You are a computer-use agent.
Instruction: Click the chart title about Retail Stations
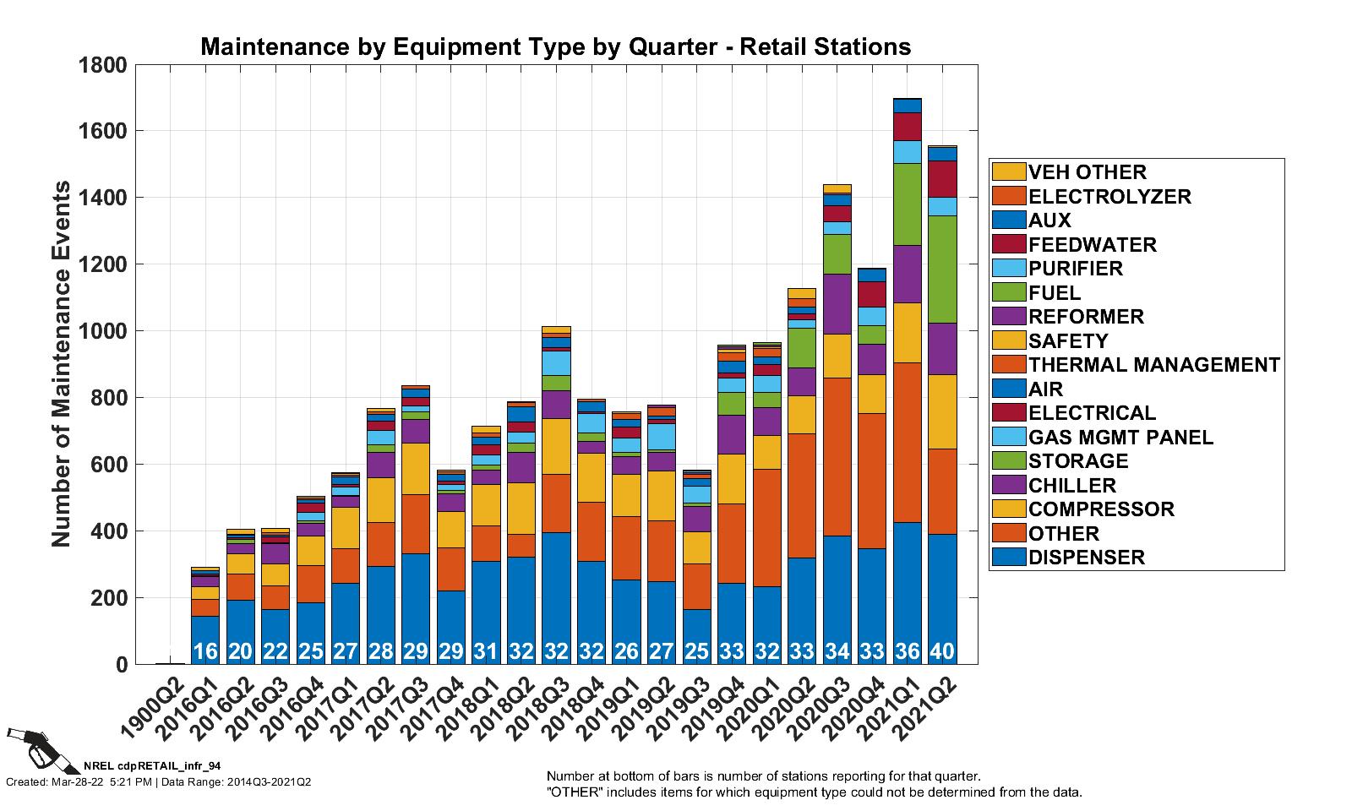(x=555, y=46)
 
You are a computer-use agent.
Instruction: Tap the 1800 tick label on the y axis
(x=102, y=65)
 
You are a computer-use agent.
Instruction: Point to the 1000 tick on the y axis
(x=102, y=331)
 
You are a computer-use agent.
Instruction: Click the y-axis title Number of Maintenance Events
(x=62, y=363)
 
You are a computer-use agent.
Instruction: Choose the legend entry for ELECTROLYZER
(x=1109, y=197)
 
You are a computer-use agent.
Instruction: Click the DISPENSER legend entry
(x=1086, y=558)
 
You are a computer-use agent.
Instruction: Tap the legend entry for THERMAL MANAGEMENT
(x=1153, y=365)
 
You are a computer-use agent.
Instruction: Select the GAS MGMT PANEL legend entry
(x=1120, y=438)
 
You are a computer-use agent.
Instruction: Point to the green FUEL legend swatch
(x=1009, y=293)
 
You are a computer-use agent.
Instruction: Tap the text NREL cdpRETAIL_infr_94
(x=152, y=765)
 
